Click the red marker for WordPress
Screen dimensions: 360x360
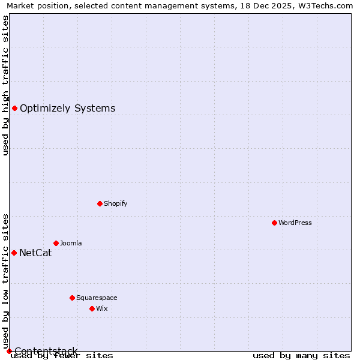coord(274,223)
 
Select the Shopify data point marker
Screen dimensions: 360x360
coord(100,203)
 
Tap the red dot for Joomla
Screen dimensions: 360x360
coord(56,243)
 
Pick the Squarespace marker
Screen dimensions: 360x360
coord(72,298)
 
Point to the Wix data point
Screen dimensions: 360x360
coord(92,308)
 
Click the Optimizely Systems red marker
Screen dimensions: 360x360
coord(14,108)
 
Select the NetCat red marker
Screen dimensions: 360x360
coord(14,253)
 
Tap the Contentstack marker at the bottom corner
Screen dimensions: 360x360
coord(9,351)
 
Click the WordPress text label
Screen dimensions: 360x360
coord(295,223)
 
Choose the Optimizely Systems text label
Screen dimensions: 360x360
coord(67,108)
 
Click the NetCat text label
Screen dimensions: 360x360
coord(35,253)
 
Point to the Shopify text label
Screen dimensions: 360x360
coord(115,203)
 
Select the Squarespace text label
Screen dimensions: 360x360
coord(97,298)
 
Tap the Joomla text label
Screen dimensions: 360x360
coord(71,243)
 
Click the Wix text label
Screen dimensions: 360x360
coord(101,308)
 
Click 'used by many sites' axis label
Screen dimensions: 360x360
coord(301,355)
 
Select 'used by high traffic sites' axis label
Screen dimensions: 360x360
coord(5,85)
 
